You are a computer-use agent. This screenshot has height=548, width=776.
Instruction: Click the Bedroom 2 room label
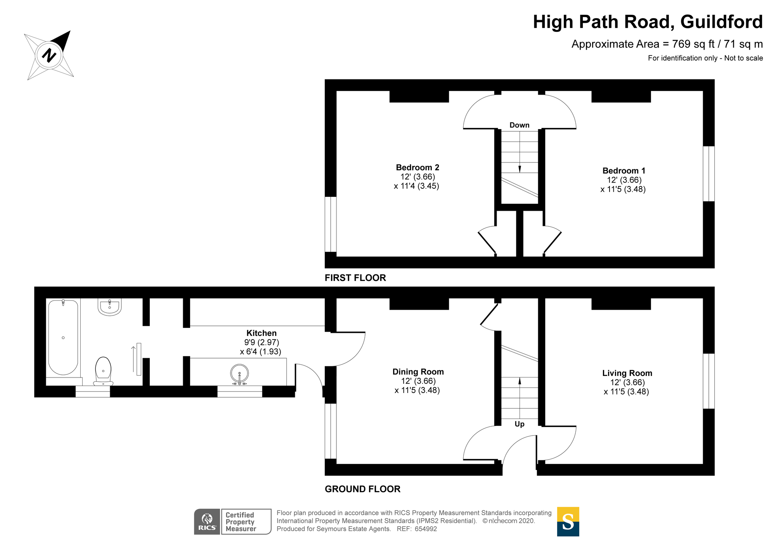point(417,167)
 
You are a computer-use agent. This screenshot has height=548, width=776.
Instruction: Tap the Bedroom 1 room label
point(624,171)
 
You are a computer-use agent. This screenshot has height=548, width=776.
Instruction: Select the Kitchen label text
point(262,333)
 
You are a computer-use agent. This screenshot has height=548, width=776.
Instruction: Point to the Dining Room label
point(418,372)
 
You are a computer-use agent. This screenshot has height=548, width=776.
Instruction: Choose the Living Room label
point(627,373)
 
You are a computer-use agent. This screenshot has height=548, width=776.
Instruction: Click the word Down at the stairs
point(519,125)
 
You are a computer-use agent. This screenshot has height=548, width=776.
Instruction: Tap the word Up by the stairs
point(519,424)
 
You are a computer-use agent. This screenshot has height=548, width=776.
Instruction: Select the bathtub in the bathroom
point(63,337)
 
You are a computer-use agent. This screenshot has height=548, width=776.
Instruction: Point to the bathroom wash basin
point(110,307)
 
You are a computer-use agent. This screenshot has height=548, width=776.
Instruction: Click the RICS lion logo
point(208,522)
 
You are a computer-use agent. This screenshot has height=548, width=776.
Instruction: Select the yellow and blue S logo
point(568,521)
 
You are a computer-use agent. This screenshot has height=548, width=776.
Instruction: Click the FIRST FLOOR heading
point(355,278)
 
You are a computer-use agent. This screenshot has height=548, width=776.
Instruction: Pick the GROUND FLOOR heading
point(362,489)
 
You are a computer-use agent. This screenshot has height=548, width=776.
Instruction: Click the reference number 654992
point(426,529)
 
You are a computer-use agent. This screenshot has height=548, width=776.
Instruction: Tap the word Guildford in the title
point(721,22)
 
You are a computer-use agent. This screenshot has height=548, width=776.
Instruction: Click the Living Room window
point(708,381)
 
